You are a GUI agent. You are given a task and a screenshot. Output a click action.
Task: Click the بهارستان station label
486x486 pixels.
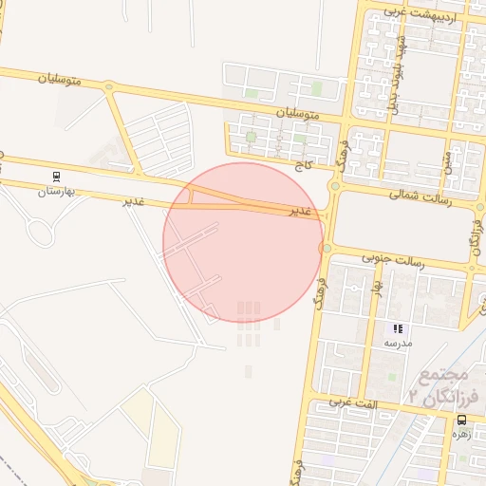pos(55,192)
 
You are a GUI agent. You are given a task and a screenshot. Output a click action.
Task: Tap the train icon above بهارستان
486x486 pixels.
pos(57,176)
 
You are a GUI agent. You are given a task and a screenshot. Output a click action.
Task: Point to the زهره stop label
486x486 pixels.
pos(461,434)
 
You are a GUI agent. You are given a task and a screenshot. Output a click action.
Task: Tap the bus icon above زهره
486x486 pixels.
pos(462,420)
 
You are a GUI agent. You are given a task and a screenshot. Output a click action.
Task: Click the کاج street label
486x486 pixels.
pos(304,165)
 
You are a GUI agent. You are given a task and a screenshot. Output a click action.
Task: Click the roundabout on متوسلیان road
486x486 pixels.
pos(109,87)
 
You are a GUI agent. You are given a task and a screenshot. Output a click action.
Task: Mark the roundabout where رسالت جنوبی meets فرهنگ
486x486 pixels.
pos(327,249)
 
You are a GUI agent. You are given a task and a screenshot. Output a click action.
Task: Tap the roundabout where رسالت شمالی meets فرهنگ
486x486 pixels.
pos(334,187)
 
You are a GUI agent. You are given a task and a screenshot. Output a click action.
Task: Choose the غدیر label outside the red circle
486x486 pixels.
pos(134,201)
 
